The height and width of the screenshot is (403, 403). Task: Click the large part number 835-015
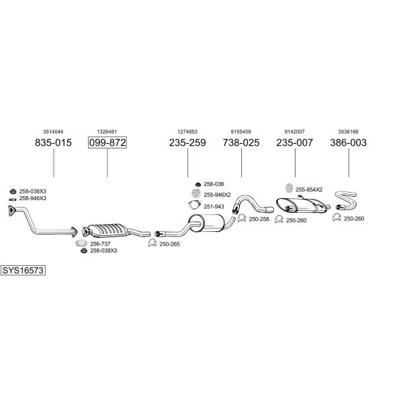coord(53,142)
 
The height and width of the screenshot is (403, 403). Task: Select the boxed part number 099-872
coord(107,142)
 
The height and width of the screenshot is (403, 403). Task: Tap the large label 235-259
coord(187,142)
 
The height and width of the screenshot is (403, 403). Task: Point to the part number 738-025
coord(241,142)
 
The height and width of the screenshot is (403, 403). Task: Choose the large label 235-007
coord(295,142)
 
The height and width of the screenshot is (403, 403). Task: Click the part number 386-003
coord(348,142)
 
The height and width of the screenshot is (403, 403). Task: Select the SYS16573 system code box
coord(23,271)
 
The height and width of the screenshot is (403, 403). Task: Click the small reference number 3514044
coord(53,132)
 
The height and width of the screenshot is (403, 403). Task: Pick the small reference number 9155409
coord(241,132)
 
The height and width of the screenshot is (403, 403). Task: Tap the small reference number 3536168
coord(348,132)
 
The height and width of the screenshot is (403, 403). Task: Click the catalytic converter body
coord(107,230)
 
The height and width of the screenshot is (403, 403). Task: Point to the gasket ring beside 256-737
coord(81,242)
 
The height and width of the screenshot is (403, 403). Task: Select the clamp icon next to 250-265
coord(152,243)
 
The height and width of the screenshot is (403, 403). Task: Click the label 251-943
coord(214,207)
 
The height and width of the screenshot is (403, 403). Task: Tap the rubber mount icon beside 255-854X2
coord(289,188)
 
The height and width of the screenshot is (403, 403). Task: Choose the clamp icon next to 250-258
coord(242,218)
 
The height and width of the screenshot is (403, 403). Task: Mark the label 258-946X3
coord(33,198)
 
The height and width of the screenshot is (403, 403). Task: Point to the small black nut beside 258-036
coord(198,184)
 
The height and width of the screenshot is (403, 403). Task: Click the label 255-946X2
coord(217,195)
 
